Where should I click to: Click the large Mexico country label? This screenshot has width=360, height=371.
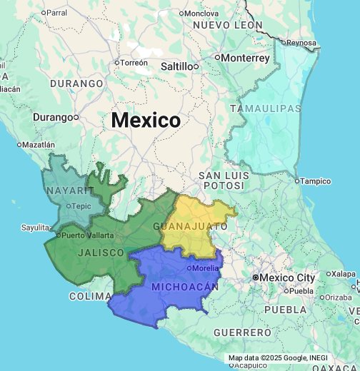pos(146,120)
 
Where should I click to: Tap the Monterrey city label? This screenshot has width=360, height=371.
pos(245,58)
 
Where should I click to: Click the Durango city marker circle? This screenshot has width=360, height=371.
pos(76,117)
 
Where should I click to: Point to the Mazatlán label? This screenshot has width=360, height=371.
pos(38,144)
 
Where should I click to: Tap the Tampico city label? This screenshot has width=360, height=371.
pos(315,181)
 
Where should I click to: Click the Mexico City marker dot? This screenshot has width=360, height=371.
pos(255,277)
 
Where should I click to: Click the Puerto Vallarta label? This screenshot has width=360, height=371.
pos(88,235)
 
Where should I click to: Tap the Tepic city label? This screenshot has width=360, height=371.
pos(81,206)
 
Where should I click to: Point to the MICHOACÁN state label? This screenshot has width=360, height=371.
pos(184,286)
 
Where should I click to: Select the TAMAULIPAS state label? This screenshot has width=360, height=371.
pos(266,108)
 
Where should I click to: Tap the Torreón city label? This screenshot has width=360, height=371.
pos(134,63)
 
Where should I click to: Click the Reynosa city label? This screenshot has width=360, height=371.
pos(301,43)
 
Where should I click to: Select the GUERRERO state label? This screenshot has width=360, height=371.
pos(243,332)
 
